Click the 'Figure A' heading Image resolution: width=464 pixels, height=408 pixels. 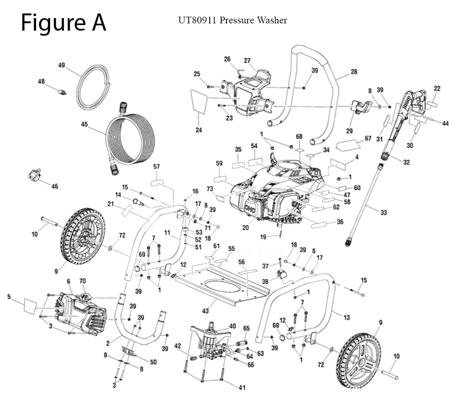[x=64, y=22]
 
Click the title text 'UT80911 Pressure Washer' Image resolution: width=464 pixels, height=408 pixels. [x=232, y=20]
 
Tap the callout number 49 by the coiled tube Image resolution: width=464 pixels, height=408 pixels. [x=61, y=65]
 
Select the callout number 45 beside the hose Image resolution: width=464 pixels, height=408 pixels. [x=84, y=124]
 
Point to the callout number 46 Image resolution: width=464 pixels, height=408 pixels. [x=55, y=186]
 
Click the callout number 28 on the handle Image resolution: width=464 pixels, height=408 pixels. [x=354, y=72]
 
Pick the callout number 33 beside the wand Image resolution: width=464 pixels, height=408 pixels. [x=383, y=213]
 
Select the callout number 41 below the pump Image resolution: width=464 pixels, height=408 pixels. [x=242, y=388]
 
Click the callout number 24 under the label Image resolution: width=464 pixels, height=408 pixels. [x=199, y=130]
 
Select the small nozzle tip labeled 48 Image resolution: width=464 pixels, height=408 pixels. [x=61, y=91]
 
